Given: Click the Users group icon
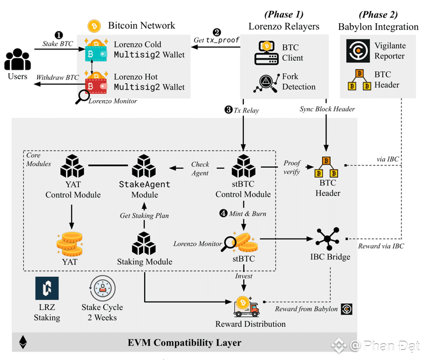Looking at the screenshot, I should tap(17, 59).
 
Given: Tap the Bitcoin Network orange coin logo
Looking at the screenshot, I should tap(93, 26).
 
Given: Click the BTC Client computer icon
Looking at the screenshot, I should tap(267, 52).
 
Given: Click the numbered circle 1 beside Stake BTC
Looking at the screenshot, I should tap(59, 35).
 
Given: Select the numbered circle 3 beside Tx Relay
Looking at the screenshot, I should tap(228, 110).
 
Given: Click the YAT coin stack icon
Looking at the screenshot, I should tap(70, 242).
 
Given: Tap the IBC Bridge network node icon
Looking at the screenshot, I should tap(327, 238).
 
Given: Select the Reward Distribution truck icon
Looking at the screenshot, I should tap(246, 307).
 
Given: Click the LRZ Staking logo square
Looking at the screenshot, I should tap(47, 289).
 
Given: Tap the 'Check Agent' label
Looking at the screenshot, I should tap(200, 169).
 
